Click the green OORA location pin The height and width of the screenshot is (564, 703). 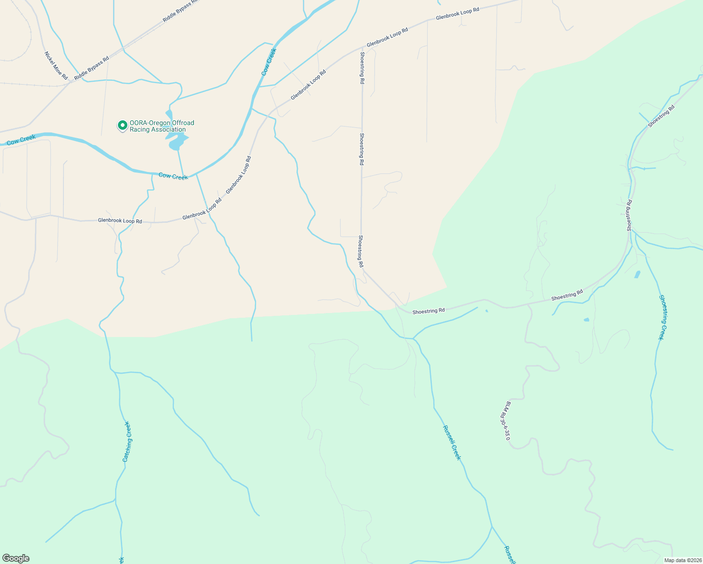point(122,125)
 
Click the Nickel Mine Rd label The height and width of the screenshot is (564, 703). point(56,65)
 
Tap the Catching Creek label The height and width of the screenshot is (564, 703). point(127,441)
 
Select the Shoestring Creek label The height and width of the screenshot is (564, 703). point(661,317)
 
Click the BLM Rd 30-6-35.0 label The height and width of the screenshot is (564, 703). point(505,421)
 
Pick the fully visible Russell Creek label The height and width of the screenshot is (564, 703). point(452,443)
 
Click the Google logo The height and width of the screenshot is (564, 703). point(16,558)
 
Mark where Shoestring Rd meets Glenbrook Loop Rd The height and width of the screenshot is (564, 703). point(362,47)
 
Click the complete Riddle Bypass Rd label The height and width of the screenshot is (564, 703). point(92,67)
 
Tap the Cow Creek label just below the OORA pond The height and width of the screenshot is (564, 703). point(173,176)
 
